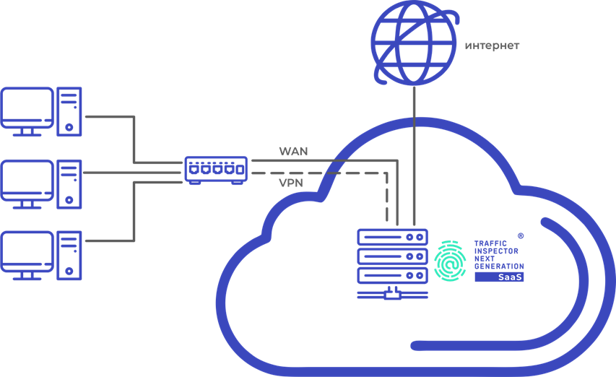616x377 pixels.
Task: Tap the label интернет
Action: coord(492,46)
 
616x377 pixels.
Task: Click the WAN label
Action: coord(293,151)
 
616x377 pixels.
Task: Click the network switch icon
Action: coord(216,170)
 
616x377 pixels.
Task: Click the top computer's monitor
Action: coord(27,109)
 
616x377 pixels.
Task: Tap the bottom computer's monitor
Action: coord(27,253)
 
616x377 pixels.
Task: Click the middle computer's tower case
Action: coord(69,183)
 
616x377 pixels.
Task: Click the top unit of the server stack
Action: coord(392,237)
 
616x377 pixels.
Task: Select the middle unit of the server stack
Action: coord(392,256)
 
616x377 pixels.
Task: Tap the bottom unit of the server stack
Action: coord(392,274)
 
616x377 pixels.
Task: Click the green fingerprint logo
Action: coord(451,261)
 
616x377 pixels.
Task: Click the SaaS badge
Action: coord(499,277)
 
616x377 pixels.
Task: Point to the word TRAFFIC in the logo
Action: coord(490,244)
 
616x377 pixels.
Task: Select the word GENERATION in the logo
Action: coord(498,266)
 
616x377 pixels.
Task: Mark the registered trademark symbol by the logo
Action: coord(521,235)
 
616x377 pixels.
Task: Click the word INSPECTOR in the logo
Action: coord(495,251)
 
